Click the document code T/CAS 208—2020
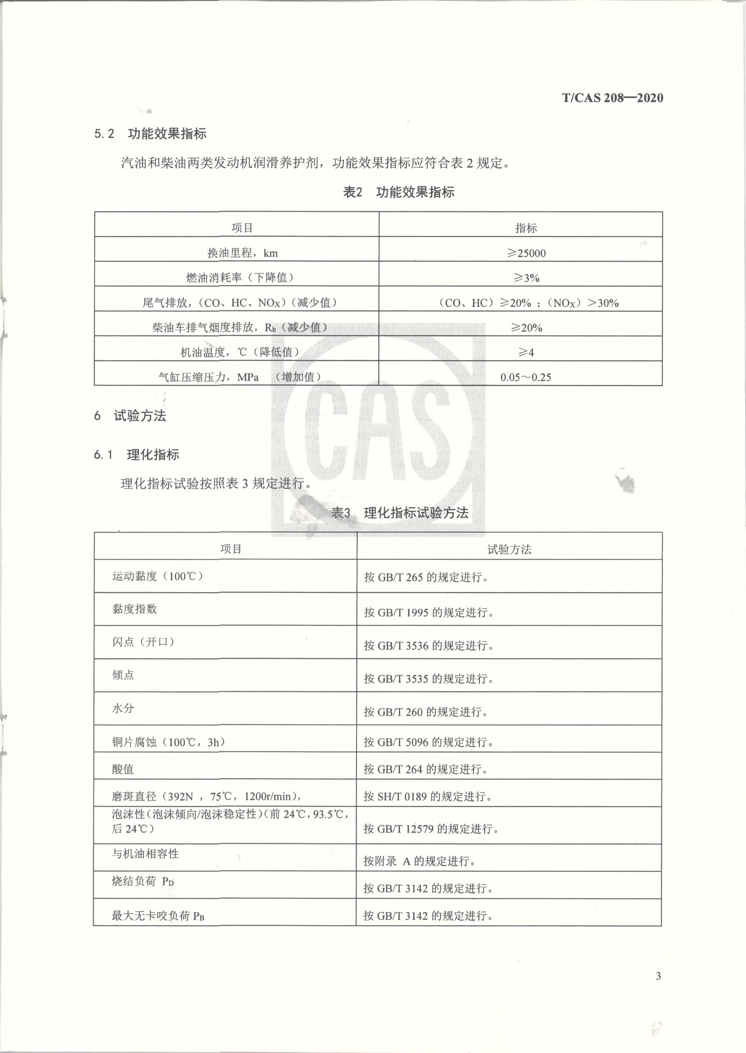(612, 98)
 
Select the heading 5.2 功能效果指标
(150, 134)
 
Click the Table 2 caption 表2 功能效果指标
(399, 192)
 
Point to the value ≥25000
(526, 253)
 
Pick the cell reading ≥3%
(526, 278)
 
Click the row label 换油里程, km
(242, 253)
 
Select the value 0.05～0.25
(525, 377)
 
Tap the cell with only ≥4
(526, 353)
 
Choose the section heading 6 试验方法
(130, 416)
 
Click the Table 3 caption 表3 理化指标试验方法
(400, 512)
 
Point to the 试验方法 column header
(509, 549)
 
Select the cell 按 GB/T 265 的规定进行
(426, 577)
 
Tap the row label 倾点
(123, 675)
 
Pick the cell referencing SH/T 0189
(428, 797)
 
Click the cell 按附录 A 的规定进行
(420, 861)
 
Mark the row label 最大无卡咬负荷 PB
(158, 916)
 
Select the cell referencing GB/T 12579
(431, 829)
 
